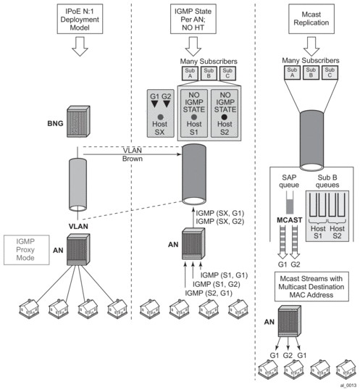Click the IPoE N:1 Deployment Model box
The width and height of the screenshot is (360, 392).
[80, 19]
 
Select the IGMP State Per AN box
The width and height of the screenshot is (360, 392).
[193, 19]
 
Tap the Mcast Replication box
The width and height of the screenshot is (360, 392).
[311, 19]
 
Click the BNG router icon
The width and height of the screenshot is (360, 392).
[78, 121]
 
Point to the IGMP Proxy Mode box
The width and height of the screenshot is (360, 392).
[27, 250]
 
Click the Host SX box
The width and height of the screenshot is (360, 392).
[161, 113]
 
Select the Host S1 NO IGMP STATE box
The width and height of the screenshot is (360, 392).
[194, 113]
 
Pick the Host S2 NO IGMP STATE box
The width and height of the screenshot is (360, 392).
[225, 113]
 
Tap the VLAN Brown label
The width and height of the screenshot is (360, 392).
[133, 154]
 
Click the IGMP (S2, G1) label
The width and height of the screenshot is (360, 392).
[209, 293]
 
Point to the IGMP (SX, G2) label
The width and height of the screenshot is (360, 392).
[219, 221]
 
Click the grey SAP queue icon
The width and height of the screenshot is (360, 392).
[290, 203]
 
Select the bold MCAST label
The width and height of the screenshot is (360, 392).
[290, 220]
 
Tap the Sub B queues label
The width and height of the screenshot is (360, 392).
[327, 181]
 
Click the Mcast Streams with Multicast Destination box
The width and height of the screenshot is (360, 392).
[311, 286]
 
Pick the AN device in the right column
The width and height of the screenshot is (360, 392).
[290, 321]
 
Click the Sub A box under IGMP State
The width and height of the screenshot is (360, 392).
[190, 73]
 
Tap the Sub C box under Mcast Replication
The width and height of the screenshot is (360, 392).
[330, 72]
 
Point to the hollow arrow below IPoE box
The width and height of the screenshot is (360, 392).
[80, 46]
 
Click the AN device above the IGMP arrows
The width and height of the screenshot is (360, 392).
[193, 243]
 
